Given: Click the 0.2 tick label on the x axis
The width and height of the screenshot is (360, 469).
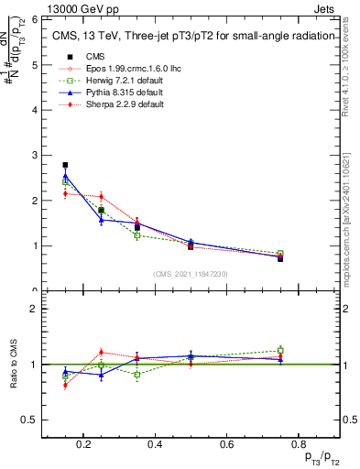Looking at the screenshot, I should tap(84, 444).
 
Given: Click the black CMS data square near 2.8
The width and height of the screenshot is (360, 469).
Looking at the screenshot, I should tap(65, 165).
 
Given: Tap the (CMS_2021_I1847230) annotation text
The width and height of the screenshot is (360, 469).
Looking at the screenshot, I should tap(191, 273).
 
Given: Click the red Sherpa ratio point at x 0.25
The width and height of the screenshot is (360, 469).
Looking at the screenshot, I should tap(101, 353).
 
